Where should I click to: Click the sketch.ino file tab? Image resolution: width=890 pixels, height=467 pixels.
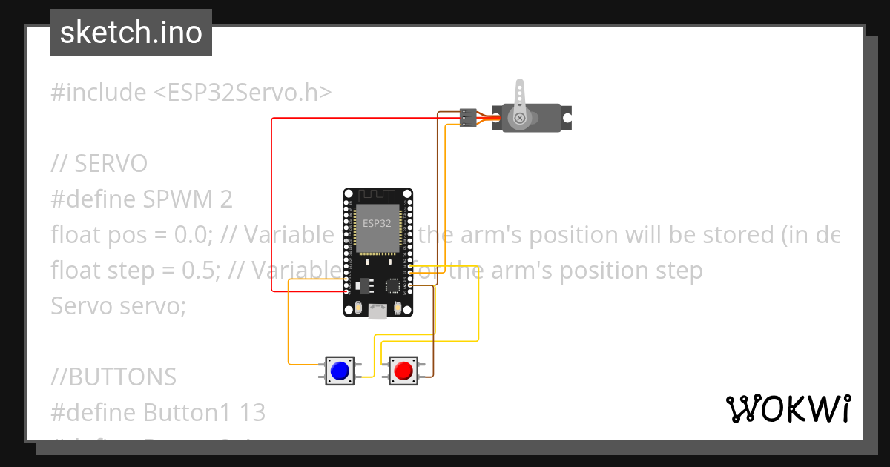tap(131, 33)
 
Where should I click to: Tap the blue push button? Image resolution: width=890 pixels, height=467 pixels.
tap(340, 371)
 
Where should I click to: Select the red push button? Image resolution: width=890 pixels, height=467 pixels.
tap(403, 371)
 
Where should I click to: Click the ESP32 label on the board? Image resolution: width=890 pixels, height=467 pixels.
tap(377, 222)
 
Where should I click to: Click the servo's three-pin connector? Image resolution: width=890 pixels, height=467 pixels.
tap(467, 117)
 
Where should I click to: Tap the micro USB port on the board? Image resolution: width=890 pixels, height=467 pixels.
tap(378, 312)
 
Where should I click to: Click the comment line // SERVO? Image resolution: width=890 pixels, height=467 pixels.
tap(99, 164)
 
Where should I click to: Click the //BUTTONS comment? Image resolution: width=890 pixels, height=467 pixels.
tap(113, 377)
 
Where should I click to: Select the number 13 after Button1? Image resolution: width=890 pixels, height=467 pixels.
tap(252, 412)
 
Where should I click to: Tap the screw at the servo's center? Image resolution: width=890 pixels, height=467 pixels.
tap(520, 117)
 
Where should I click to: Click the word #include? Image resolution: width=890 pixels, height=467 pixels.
tap(99, 93)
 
